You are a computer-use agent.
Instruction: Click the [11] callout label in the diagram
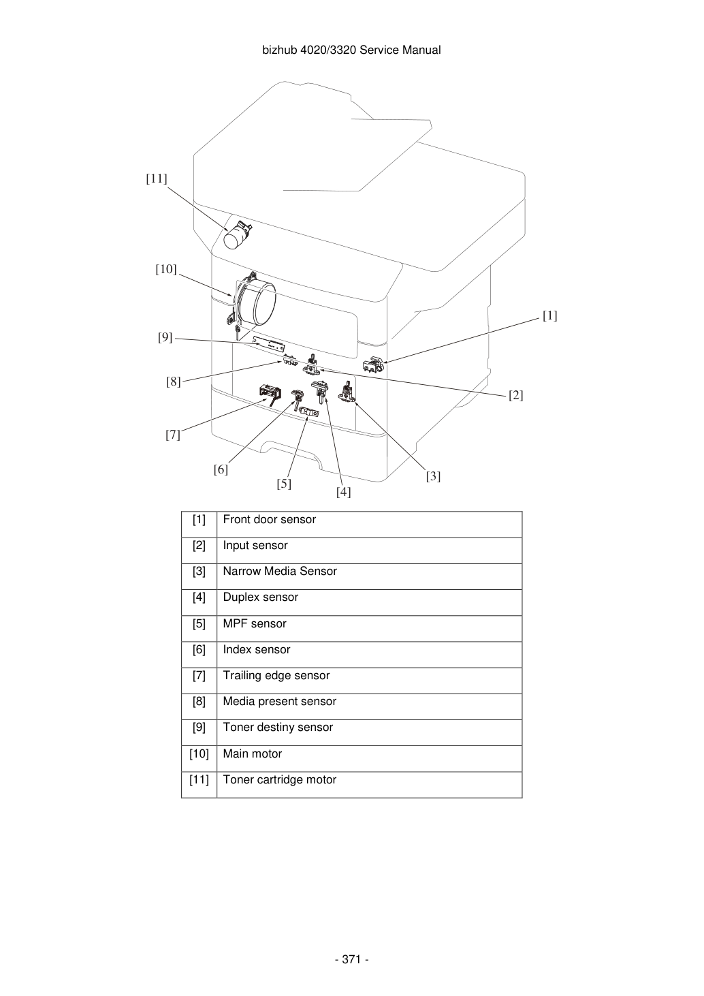[157, 178]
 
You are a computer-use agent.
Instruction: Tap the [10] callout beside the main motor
[165, 270]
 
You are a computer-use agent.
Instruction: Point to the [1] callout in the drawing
[549, 315]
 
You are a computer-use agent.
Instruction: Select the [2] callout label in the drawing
[515, 395]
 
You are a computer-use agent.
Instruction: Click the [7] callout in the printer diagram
[173, 435]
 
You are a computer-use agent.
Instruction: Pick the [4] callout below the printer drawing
[343, 493]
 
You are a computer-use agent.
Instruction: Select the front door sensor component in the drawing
[373, 364]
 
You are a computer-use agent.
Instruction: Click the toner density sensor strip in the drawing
[268, 344]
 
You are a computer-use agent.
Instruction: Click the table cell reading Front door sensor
[270, 519]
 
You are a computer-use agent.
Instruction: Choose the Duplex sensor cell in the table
[261, 597]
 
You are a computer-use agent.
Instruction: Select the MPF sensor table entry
[255, 623]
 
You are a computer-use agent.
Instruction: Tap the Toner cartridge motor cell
[280, 779]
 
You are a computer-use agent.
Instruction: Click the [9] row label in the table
[199, 728]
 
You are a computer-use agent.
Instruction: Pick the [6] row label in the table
[199, 650]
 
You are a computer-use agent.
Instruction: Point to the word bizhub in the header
[280, 50]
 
